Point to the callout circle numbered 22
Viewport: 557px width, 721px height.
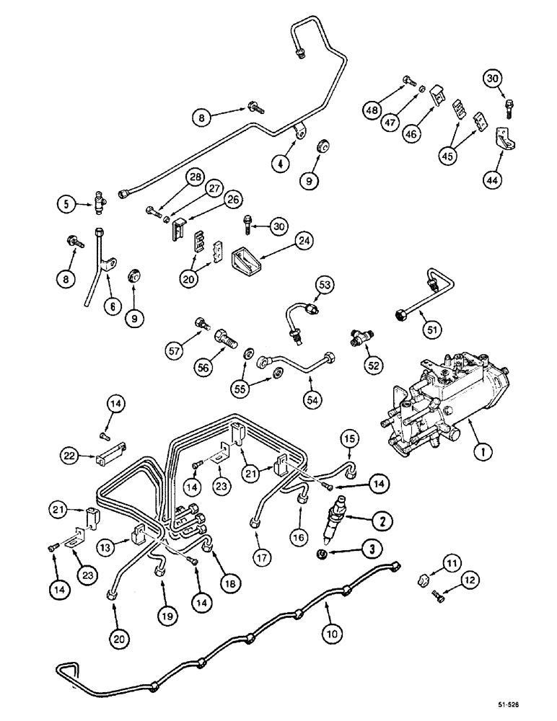pyautogui.click(x=70, y=455)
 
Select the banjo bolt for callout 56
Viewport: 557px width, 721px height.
pyautogui.click(x=225, y=336)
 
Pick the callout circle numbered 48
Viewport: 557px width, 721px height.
pyautogui.click(x=373, y=110)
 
